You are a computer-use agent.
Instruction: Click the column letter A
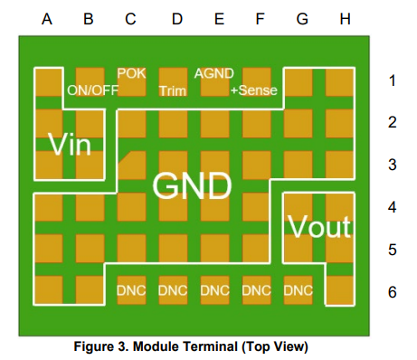pos(47,19)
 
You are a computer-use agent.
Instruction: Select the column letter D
pos(177,19)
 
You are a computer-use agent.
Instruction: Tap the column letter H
pos(346,19)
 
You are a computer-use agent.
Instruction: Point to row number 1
pos(392,81)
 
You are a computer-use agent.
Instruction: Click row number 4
pos(392,207)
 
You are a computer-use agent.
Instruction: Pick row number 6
pos(392,292)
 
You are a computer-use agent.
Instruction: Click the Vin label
pos(70,145)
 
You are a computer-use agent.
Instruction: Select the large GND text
pos(192,185)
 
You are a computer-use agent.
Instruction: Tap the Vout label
pos(319,226)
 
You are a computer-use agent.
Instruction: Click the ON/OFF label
pos(92,90)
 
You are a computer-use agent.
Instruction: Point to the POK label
pos(131,73)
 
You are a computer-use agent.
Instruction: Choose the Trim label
pos(173,90)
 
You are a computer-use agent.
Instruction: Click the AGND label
pos(214,73)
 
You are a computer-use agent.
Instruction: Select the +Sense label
pos(254,90)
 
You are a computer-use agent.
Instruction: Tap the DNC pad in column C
pos(131,290)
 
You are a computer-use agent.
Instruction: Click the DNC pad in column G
pos(299,290)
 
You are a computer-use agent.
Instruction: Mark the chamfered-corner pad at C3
pos(132,166)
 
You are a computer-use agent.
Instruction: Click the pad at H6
pos(340,290)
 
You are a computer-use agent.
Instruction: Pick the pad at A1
pos(49,82)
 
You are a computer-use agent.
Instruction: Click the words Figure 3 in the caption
pos(101,346)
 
